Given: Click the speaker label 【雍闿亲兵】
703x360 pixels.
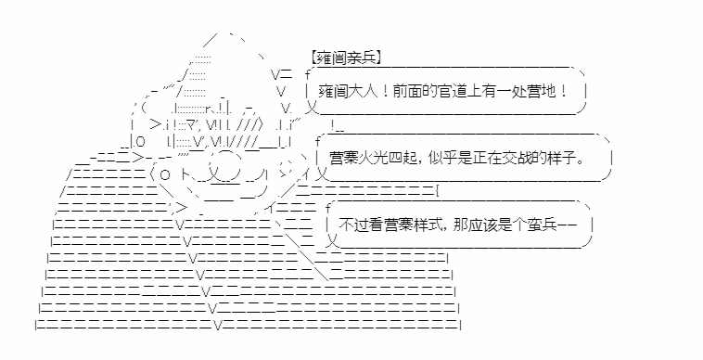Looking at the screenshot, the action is pyautogui.click(x=346, y=58).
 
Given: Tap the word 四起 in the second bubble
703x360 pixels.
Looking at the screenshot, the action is pyautogui.click(x=403, y=159).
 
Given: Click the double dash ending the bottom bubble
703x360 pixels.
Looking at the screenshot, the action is pyautogui.click(x=567, y=225).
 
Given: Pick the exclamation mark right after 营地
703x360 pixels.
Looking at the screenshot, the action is pyautogui.click(x=563, y=92).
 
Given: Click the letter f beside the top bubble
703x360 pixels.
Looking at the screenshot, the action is pyautogui.click(x=308, y=74).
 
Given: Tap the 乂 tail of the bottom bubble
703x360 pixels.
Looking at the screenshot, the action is pyautogui.click(x=331, y=241).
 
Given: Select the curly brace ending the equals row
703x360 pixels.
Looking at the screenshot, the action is pyautogui.click(x=437, y=190).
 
